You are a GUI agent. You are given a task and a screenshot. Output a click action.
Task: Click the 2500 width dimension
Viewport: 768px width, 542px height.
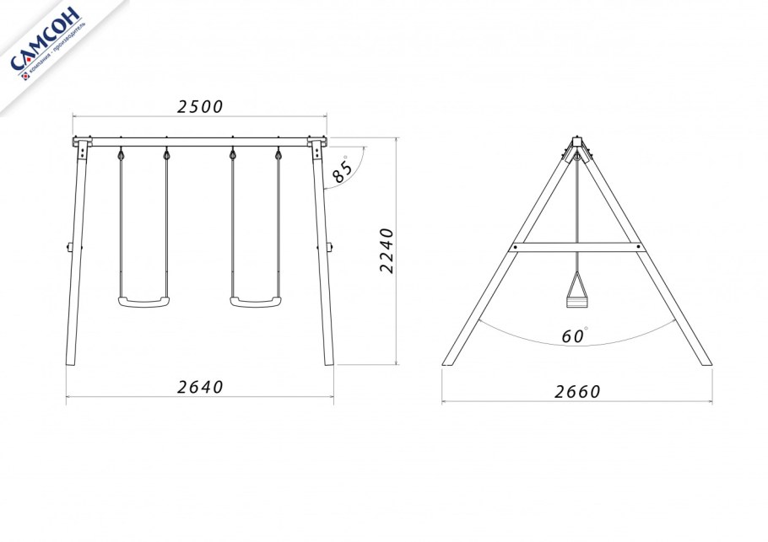[200, 107]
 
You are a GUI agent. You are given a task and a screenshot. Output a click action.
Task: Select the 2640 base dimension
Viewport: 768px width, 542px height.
[200, 387]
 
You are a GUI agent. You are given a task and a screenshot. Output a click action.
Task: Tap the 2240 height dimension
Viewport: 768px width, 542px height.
[387, 250]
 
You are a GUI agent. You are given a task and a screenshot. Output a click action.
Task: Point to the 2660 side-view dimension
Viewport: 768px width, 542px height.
[577, 392]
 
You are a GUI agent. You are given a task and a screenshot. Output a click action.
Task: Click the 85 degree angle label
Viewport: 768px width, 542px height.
[342, 169]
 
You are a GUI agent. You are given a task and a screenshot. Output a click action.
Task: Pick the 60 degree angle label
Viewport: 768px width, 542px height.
[574, 335]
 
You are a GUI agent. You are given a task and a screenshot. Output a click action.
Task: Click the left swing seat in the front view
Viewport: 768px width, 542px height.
[143, 301]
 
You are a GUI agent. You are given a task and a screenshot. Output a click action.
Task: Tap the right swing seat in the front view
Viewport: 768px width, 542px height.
[256, 301]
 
